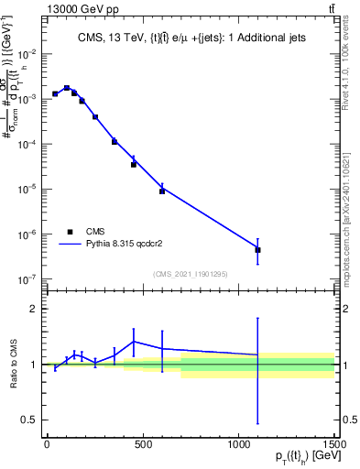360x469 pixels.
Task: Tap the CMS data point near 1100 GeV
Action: click(258, 250)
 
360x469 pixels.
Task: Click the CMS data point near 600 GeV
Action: click(162, 191)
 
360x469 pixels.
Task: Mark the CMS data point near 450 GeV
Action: click(134, 165)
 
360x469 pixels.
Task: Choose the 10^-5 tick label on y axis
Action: click(27, 189)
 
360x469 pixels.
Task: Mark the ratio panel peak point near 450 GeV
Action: click(134, 342)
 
